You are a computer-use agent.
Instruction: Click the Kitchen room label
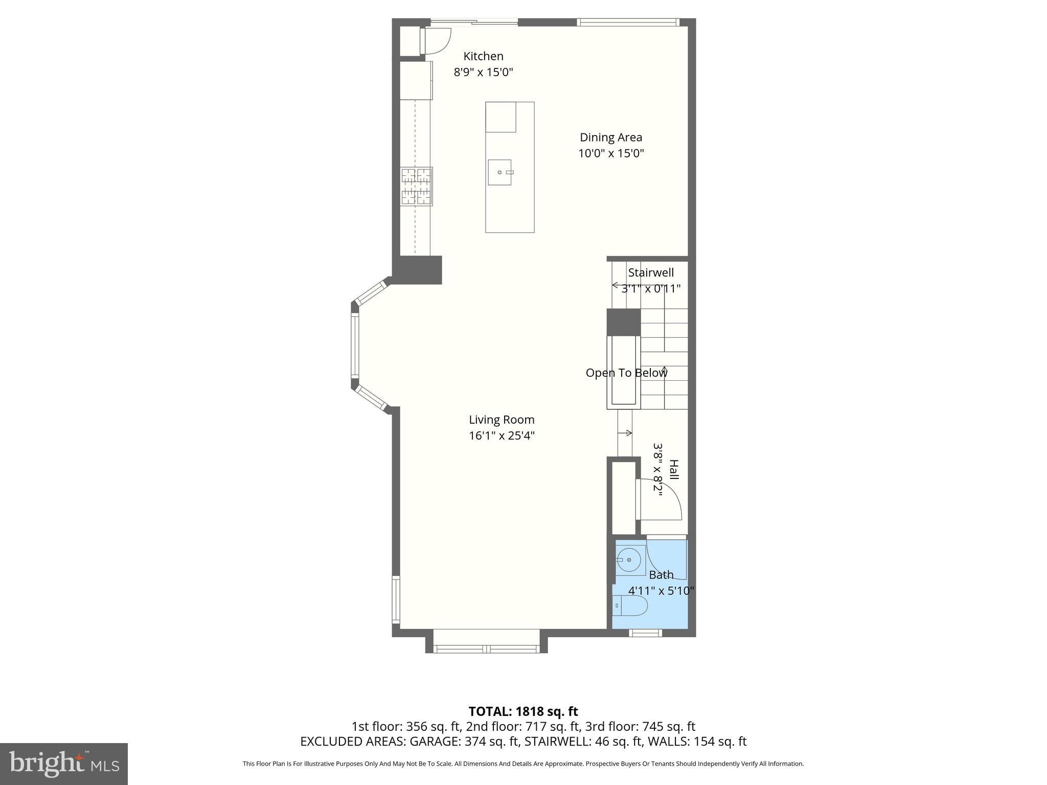[x=483, y=56]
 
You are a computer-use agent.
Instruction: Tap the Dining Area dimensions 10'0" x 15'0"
[x=611, y=153]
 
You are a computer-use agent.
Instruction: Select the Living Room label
[x=502, y=420]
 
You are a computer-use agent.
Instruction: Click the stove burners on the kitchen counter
[x=416, y=187]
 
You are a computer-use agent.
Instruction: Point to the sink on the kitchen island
[x=500, y=172]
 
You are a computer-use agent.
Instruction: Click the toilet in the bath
[x=630, y=606]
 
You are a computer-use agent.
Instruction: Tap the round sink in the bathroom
[x=629, y=560]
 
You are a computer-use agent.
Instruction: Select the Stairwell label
[x=651, y=272]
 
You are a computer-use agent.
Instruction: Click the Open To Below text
[x=626, y=373]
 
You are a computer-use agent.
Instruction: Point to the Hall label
[x=674, y=469]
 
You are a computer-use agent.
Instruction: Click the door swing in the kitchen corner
[x=437, y=41]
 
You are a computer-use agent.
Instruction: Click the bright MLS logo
[x=64, y=764]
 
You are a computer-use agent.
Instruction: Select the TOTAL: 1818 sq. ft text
[x=523, y=711]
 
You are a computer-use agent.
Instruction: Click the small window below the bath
[x=645, y=633]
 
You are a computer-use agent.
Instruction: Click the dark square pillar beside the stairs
[x=623, y=322]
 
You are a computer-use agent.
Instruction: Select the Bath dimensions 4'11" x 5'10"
[x=661, y=591]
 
